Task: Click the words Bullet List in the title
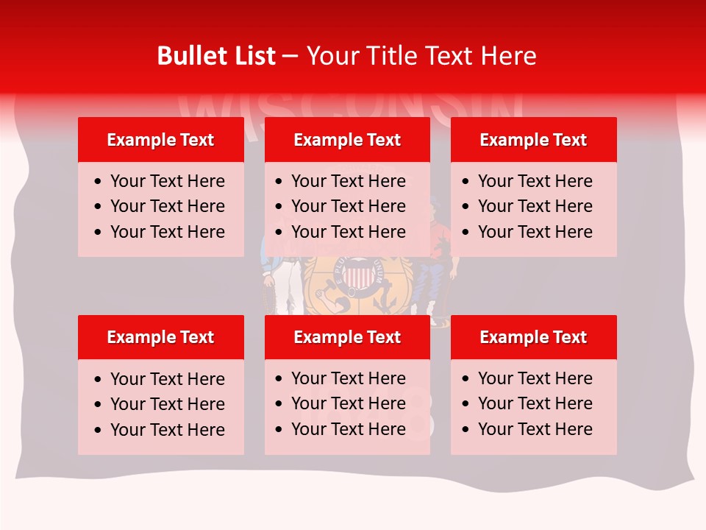[x=216, y=56]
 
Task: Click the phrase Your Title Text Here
[x=421, y=56]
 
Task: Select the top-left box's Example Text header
[x=160, y=140]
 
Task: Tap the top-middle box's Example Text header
[x=347, y=140]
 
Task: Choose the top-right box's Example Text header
[x=533, y=140]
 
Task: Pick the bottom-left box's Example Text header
[x=160, y=337]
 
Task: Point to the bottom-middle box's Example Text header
[x=347, y=337]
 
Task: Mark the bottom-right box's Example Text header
[x=533, y=337]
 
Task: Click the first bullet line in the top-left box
[x=167, y=181]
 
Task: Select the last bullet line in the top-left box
[x=167, y=232]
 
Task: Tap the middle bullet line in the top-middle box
[x=348, y=206]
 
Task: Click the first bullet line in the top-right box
[x=535, y=181]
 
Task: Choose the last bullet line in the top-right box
[x=535, y=232]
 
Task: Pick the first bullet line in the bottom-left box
[x=167, y=379]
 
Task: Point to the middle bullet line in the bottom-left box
[x=167, y=404]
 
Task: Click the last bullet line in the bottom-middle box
[x=348, y=429]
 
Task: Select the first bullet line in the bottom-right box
[x=535, y=378]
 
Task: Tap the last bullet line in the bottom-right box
[x=535, y=429]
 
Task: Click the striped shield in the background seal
[x=357, y=278]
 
